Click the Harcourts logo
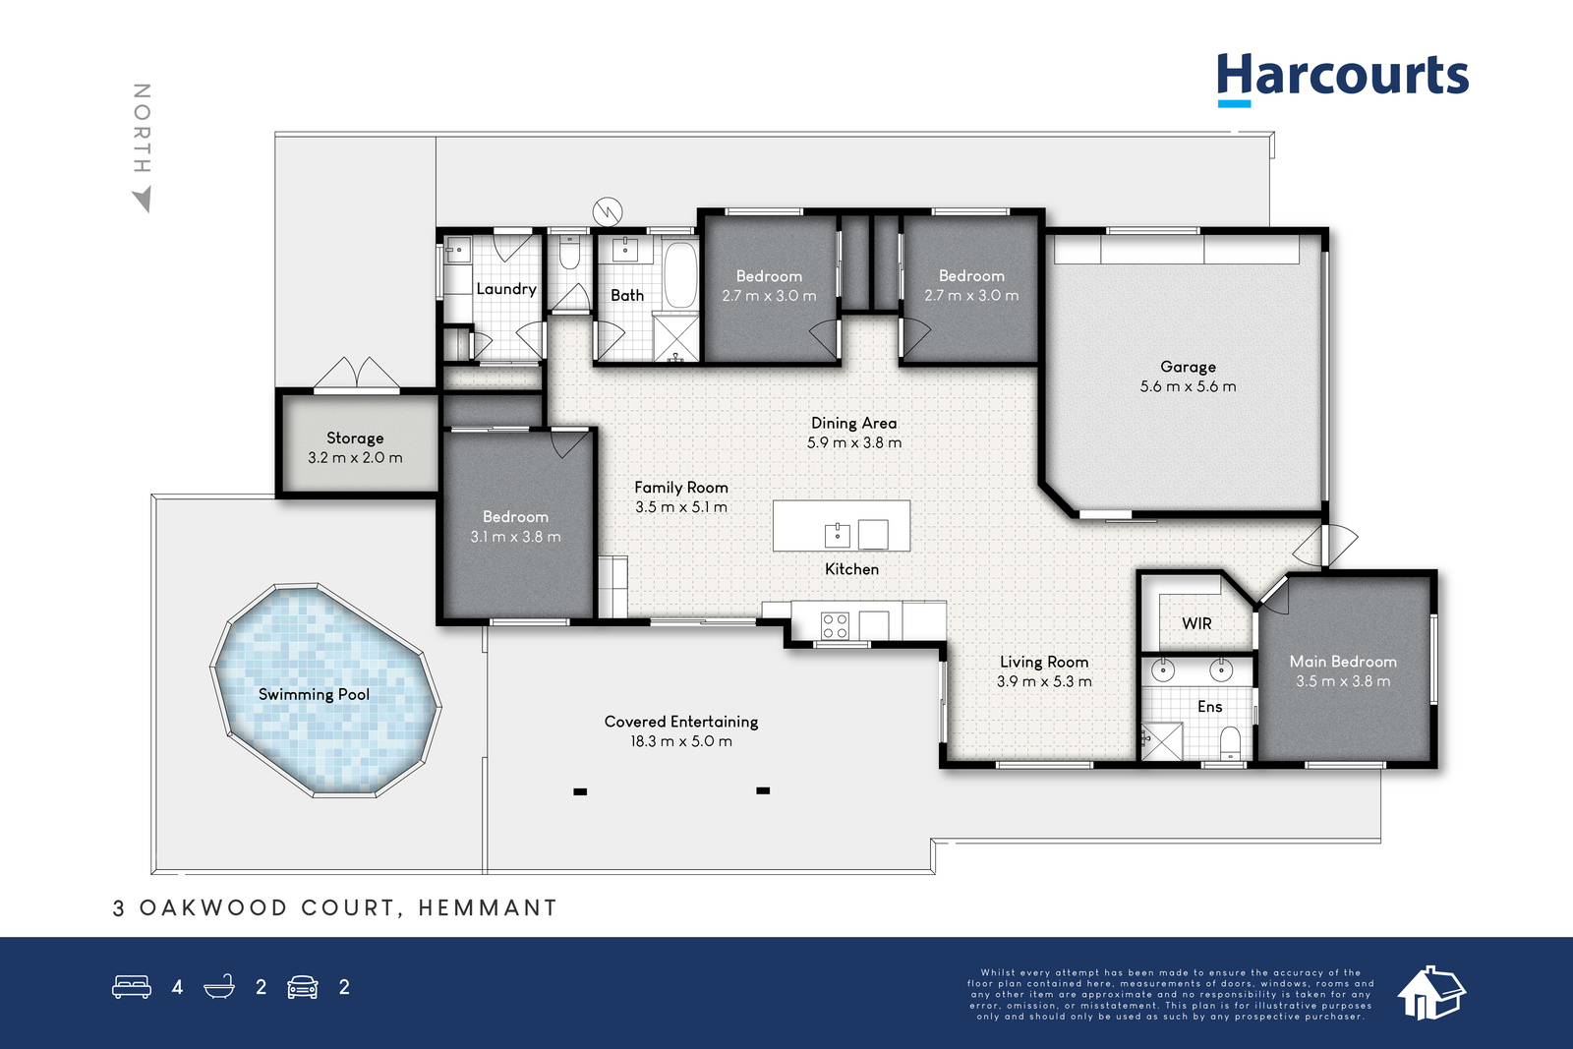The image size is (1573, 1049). tap(1343, 80)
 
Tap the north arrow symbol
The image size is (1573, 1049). tap(143, 200)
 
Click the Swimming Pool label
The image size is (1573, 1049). tap(314, 694)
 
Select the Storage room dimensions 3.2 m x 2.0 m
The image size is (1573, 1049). tap(355, 458)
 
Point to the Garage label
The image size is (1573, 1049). tap(1189, 367)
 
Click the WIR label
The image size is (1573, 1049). tap(1196, 623)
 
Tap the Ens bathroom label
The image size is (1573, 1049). tap(1210, 706)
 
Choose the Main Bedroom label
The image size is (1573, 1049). tap(1343, 662)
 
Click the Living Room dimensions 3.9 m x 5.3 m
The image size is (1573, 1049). tap(1044, 681)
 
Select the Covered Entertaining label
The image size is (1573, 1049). tap(681, 722)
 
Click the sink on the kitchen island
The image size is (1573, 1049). tap(837, 535)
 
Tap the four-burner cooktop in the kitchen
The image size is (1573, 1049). tap(835, 625)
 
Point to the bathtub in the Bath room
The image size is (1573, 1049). tap(680, 274)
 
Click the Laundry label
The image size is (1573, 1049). tap(506, 289)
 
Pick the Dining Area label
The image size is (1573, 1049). tap(854, 423)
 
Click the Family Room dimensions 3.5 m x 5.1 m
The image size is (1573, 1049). tap(681, 507)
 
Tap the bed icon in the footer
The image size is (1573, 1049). tap(132, 986)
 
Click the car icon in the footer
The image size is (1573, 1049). tap(303, 987)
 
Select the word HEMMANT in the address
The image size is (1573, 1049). tap(488, 907)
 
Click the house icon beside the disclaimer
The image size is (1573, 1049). tap(1431, 993)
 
